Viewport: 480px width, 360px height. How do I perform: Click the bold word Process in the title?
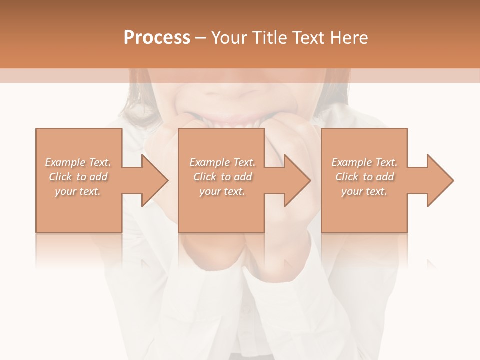[x=157, y=38]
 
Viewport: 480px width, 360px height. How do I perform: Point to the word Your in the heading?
[x=228, y=38]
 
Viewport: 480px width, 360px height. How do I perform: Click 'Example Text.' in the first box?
[x=78, y=162]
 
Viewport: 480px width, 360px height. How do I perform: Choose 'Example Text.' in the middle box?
[x=222, y=162]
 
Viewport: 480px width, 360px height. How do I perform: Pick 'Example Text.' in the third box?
[x=364, y=162]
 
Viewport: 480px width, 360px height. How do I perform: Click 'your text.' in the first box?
[x=78, y=191]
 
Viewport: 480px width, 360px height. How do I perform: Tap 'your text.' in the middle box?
[x=222, y=191]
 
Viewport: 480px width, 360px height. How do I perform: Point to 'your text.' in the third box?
[x=364, y=191]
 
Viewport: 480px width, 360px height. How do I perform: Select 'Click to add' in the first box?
[x=78, y=177]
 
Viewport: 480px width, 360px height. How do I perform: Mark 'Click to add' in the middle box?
[x=222, y=177]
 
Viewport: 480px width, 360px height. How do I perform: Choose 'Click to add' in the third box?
[x=364, y=177]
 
